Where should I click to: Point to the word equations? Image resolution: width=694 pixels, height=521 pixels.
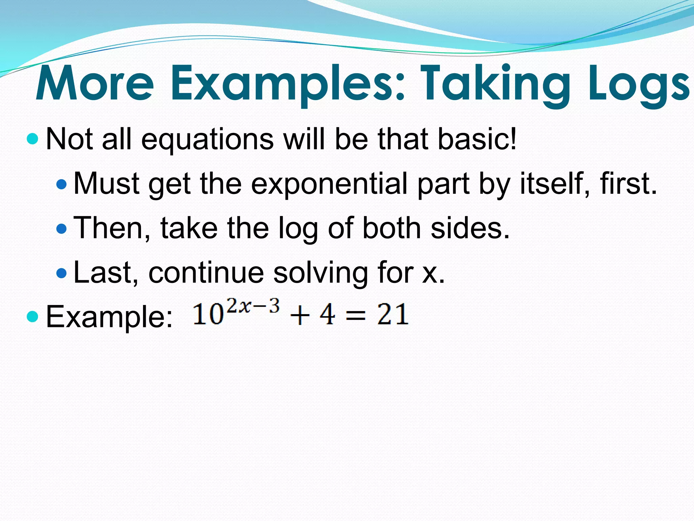pos(207,139)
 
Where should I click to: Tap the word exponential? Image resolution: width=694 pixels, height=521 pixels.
pos(329,184)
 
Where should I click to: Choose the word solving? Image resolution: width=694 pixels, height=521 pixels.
pos(321,273)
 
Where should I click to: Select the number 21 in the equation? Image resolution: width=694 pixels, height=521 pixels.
pos(393,314)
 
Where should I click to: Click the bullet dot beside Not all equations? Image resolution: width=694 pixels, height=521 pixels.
pos(32,139)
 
